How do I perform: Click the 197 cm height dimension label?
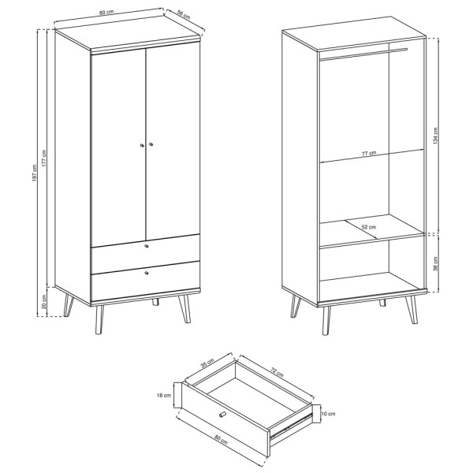pyautogui.click(x=35, y=173)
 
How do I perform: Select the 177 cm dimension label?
pyautogui.click(x=44, y=158)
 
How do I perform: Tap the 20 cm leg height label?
pyautogui.click(x=44, y=302)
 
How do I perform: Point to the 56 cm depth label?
pyautogui.click(x=184, y=15)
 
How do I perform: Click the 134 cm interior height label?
pyautogui.click(x=435, y=136)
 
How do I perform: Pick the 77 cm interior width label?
pyautogui.click(x=369, y=153)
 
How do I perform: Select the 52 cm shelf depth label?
pyautogui.click(x=369, y=227)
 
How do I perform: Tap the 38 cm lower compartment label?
pyautogui.click(x=435, y=264)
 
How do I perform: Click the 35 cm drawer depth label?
pyautogui.click(x=207, y=363)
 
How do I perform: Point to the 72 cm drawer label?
pyautogui.click(x=277, y=373)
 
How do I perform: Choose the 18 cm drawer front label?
pyautogui.click(x=164, y=395)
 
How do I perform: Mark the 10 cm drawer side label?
pyautogui.click(x=328, y=414)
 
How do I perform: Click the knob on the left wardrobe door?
pyautogui.click(x=141, y=145)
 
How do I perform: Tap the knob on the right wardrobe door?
pyautogui.click(x=151, y=144)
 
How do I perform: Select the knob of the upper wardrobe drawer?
pyautogui.click(x=147, y=246)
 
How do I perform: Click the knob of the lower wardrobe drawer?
pyautogui.click(x=147, y=273)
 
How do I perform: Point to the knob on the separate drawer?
pyautogui.click(x=222, y=415)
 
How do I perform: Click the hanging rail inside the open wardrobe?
pyautogui.click(x=363, y=54)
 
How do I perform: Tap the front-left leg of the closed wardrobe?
pyautogui.click(x=99, y=320)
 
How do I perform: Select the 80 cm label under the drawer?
pyautogui.click(x=221, y=440)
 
